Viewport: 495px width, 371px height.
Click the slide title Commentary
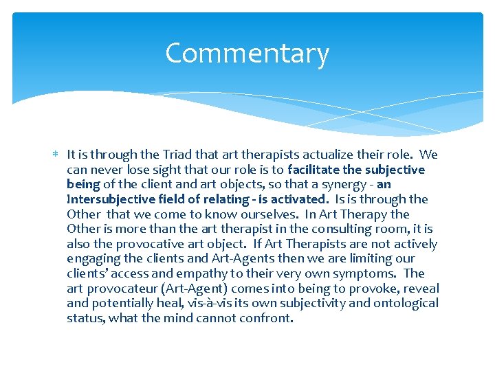(247, 54)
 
